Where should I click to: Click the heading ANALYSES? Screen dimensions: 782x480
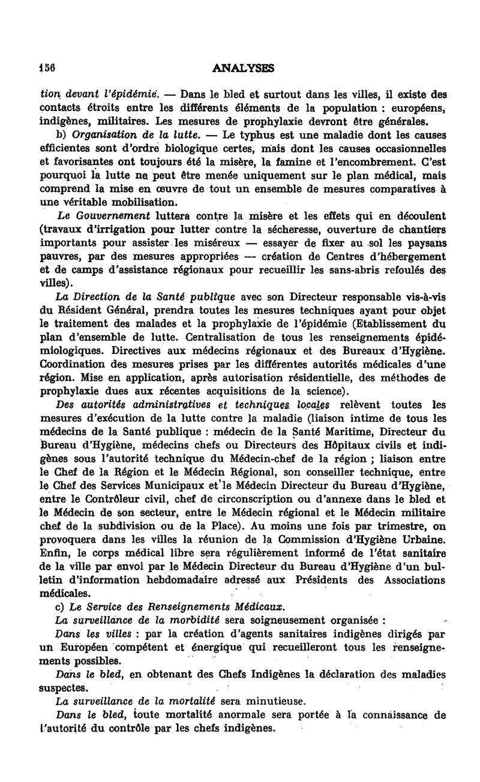pyautogui.click(x=243, y=69)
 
